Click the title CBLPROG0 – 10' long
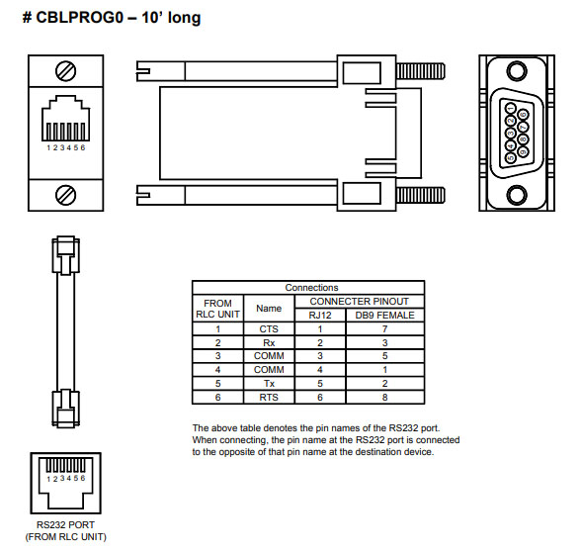pyautogui.click(x=111, y=17)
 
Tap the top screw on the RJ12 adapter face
pyautogui.click(x=68, y=71)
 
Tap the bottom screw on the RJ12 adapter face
pyautogui.click(x=68, y=194)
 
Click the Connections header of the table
pyautogui.click(x=311, y=288)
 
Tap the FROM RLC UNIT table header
pyautogui.click(x=216, y=308)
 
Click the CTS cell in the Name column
pyautogui.click(x=269, y=327)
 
